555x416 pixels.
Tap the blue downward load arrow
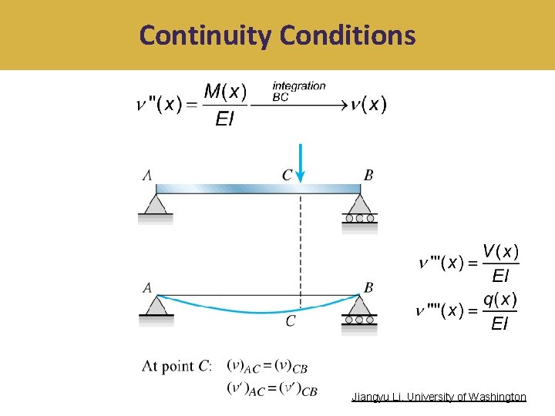(x=301, y=163)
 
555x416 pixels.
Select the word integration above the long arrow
(x=299, y=86)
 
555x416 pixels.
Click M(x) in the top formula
(x=226, y=92)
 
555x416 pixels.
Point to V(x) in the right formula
(x=500, y=251)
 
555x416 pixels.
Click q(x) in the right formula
(x=500, y=299)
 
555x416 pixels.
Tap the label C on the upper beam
(x=287, y=176)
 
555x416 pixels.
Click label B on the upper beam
(x=368, y=176)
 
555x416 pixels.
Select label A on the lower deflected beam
(x=147, y=287)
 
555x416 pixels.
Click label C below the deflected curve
(x=291, y=321)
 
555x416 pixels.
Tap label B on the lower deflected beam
(x=368, y=287)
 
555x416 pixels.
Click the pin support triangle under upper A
(x=156, y=205)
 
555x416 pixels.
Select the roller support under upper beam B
(x=359, y=208)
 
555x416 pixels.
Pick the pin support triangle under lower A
(x=156, y=306)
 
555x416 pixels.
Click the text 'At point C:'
(x=177, y=366)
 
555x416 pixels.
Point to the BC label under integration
(x=281, y=98)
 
